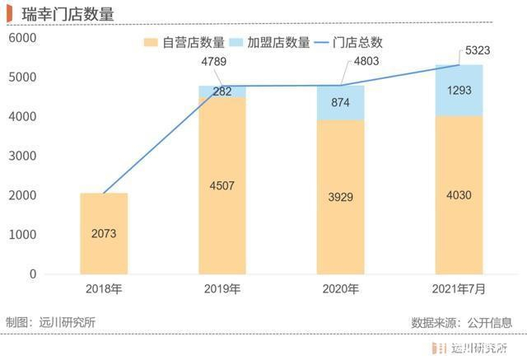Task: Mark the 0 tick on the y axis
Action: pyautogui.click(x=34, y=274)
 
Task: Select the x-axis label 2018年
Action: pyautogui.click(x=104, y=289)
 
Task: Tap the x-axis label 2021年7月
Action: pyautogui.click(x=459, y=289)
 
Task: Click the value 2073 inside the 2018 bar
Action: pyautogui.click(x=104, y=233)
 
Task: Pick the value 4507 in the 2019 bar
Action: pyautogui.click(x=222, y=185)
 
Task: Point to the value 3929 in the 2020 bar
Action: pyautogui.click(x=340, y=197)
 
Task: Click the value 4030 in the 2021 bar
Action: pyautogui.click(x=459, y=194)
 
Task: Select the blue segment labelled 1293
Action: pyautogui.click(x=459, y=90)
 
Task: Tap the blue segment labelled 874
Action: pyautogui.click(x=340, y=103)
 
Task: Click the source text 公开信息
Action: pyautogui.click(x=491, y=322)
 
